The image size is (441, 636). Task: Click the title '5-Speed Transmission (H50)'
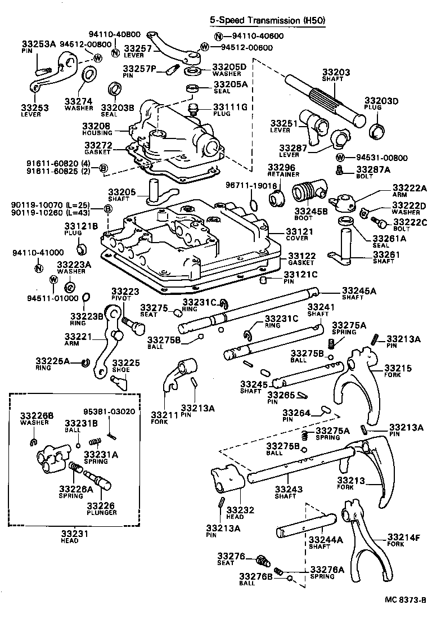click(267, 20)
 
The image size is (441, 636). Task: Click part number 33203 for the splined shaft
click(336, 73)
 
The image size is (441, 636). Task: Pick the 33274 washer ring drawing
click(89, 74)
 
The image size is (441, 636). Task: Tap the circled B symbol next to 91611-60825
click(103, 168)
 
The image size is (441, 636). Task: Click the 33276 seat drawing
click(260, 559)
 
